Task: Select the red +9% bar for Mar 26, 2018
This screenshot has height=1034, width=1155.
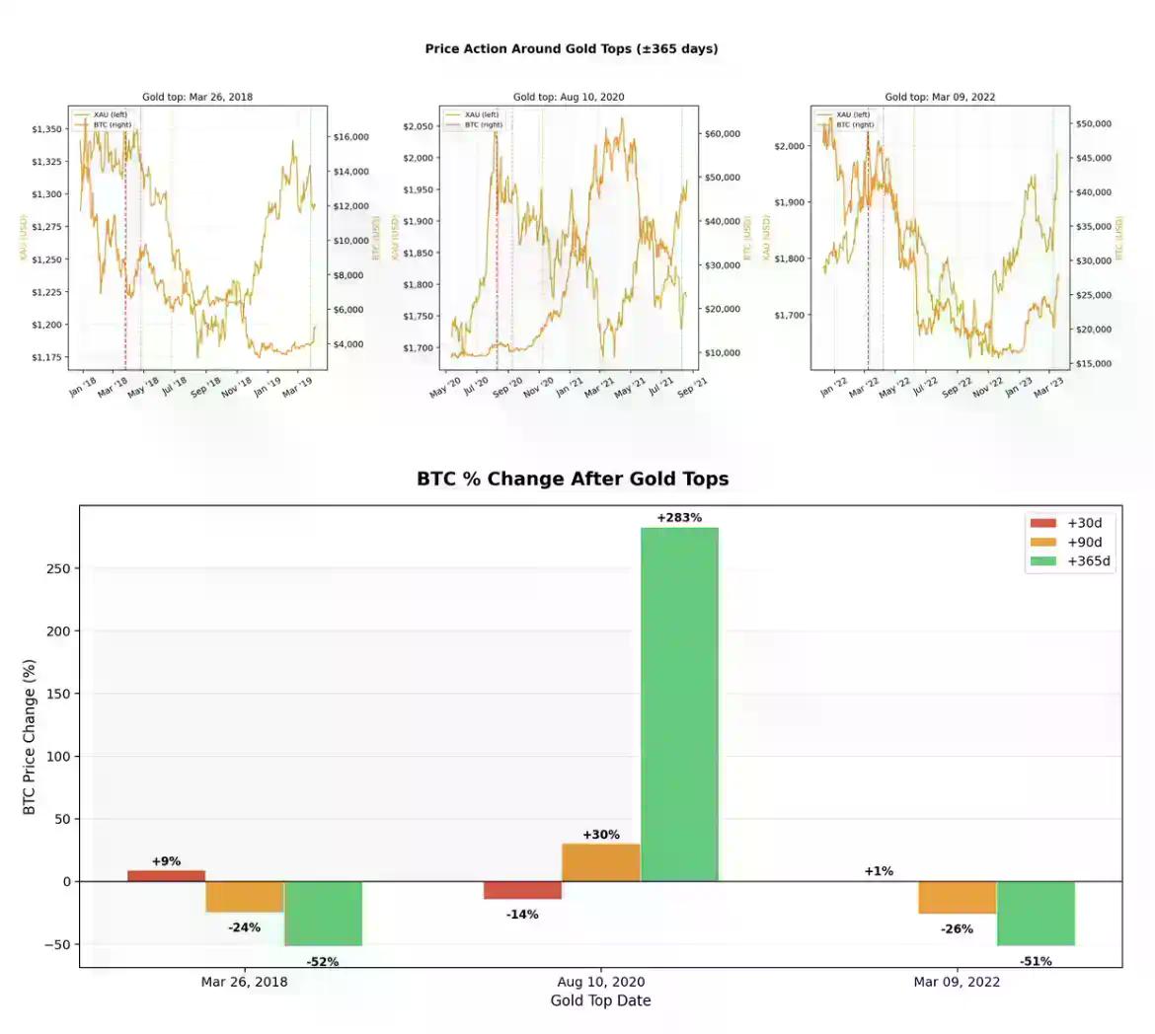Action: tap(167, 875)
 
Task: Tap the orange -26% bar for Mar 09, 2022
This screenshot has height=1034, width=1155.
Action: tap(957, 897)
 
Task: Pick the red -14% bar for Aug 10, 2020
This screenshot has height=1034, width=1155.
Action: tap(522, 890)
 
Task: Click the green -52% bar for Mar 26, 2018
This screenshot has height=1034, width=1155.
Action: tap(323, 914)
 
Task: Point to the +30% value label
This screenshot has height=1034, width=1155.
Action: tap(601, 835)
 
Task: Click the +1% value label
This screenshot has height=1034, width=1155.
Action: tap(879, 871)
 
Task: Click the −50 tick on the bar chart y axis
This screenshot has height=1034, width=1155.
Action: tap(58, 944)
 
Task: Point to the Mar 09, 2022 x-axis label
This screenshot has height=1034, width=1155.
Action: tap(957, 982)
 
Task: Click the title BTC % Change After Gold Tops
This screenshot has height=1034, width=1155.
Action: tap(573, 480)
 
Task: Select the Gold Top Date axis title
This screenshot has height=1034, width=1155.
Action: tap(600, 1000)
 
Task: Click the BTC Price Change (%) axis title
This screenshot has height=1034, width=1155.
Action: tap(30, 737)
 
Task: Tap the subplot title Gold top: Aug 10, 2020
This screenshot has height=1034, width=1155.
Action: tap(569, 97)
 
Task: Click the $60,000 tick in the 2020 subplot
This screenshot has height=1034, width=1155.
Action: tap(722, 133)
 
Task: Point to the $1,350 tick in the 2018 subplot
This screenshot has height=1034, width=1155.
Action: tap(46, 129)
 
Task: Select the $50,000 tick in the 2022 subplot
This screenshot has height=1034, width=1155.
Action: tap(1093, 123)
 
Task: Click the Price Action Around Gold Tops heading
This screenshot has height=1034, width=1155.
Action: tap(572, 48)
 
